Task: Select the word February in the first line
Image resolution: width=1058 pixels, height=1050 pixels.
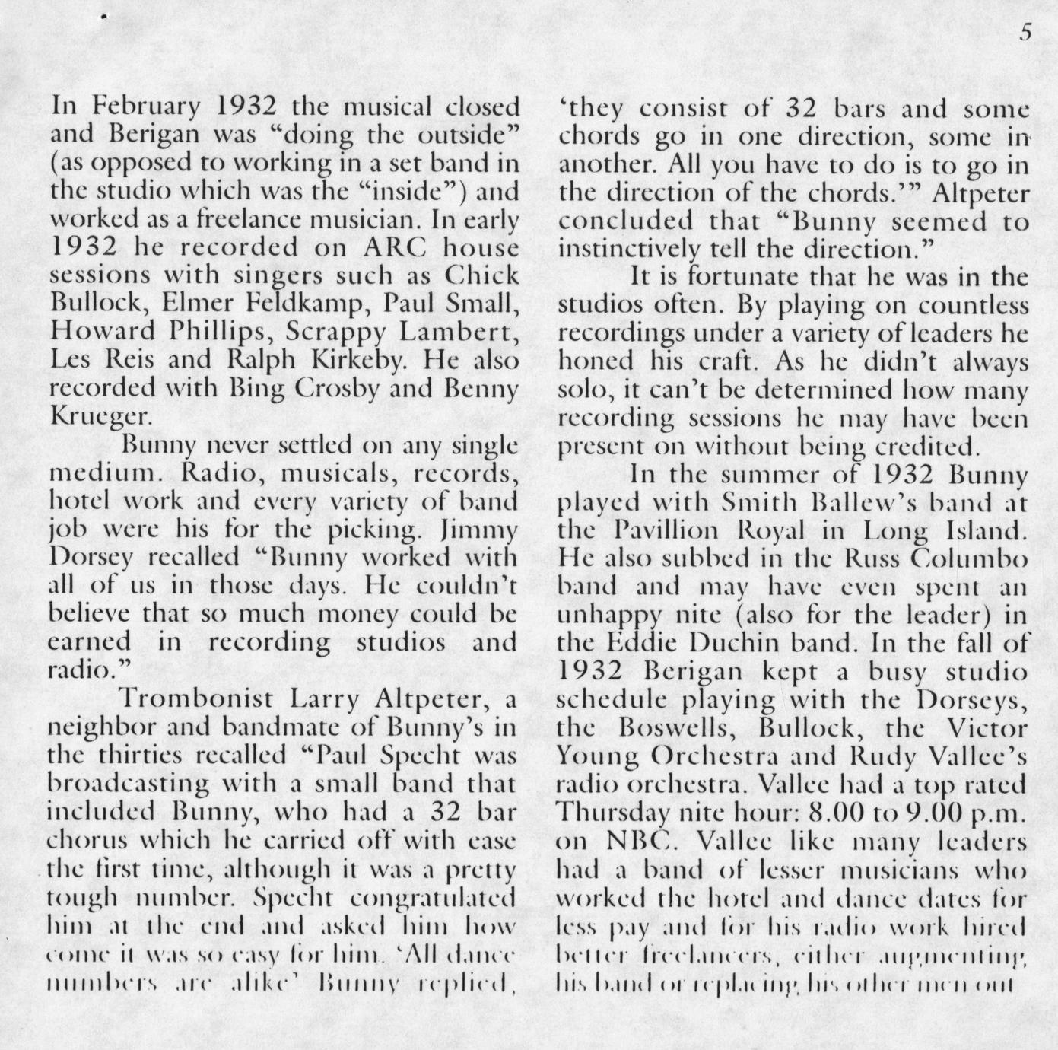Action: coord(142,107)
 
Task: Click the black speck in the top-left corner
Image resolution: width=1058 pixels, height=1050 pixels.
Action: coord(103,16)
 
